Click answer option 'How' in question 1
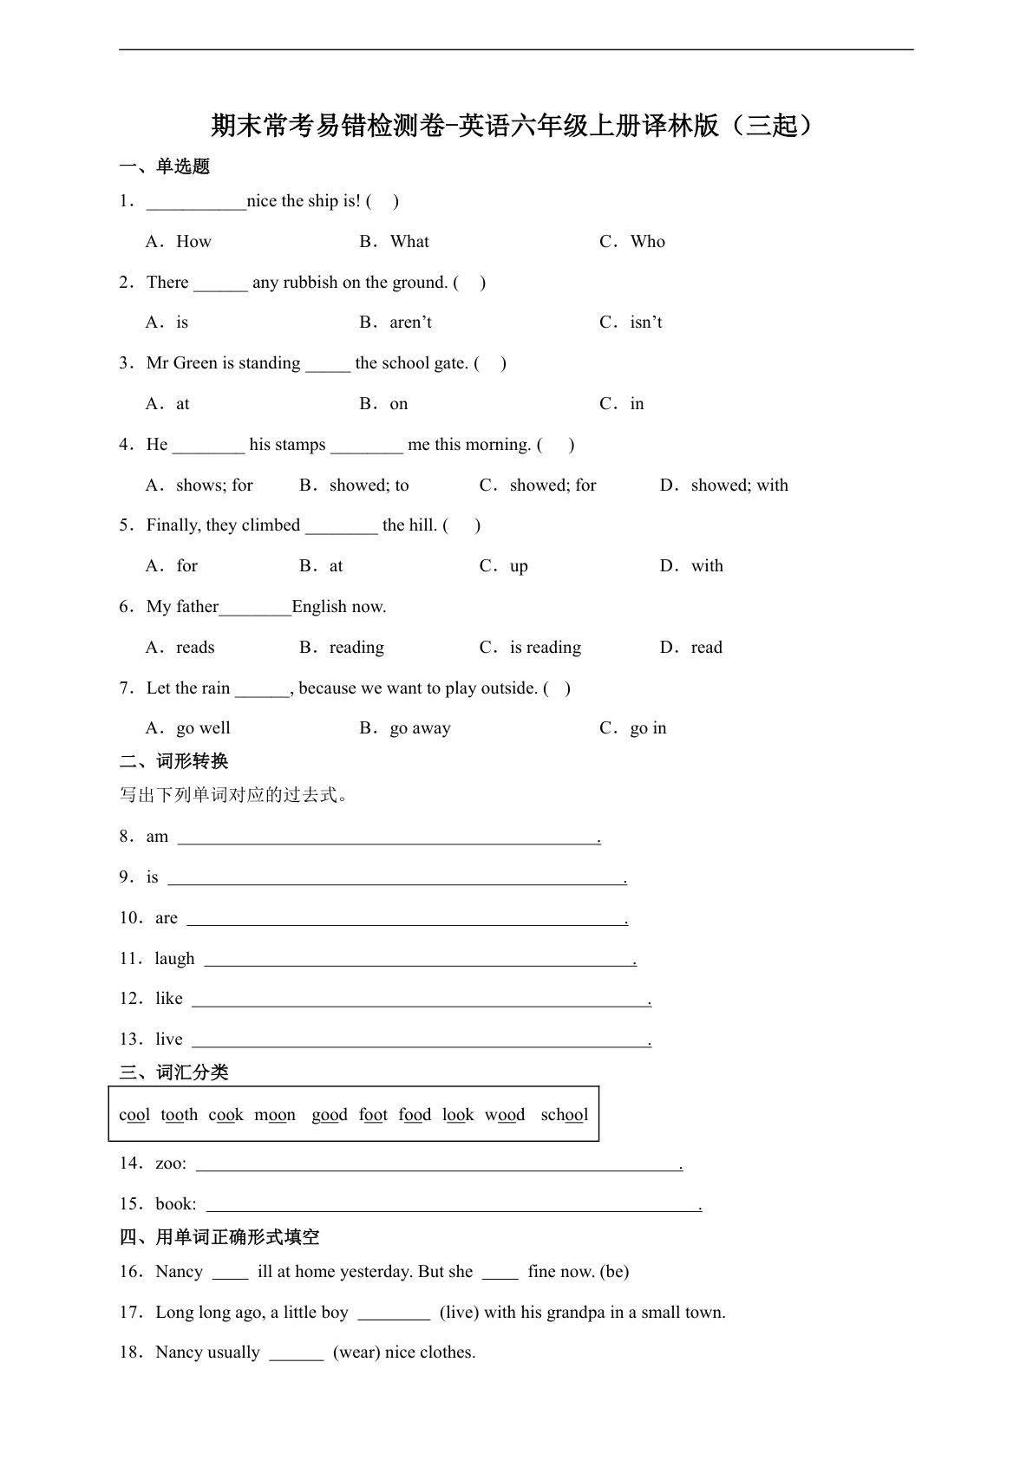193,242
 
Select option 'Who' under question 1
647,242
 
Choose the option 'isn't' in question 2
645,323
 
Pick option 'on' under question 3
398,404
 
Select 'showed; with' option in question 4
739,486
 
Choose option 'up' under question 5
518,566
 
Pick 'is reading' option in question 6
545,648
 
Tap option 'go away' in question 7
420,728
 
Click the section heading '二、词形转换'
173,761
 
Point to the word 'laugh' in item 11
174,959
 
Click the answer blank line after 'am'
388,838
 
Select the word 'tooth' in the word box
179,1115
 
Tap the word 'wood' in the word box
505,1115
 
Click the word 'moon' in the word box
274,1115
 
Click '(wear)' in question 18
356,1352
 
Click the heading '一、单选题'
164,166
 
